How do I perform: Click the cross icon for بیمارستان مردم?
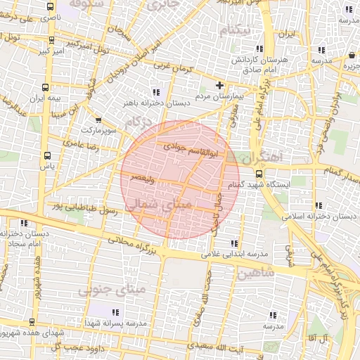pyautogui.click(x=219, y=85)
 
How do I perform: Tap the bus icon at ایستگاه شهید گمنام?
pyautogui.click(x=259, y=174)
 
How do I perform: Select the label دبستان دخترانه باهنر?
pyautogui.click(x=146, y=103)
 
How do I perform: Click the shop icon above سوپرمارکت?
pyautogui.click(x=98, y=120)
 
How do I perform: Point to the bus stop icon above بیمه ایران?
pyautogui.click(x=46, y=88)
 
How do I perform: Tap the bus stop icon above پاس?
pyautogui.click(x=47, y=156)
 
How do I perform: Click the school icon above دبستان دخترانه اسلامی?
pyautogui.click(x=319, y=206)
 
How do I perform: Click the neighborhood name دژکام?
pyautogui.click(x=139, y=125)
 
